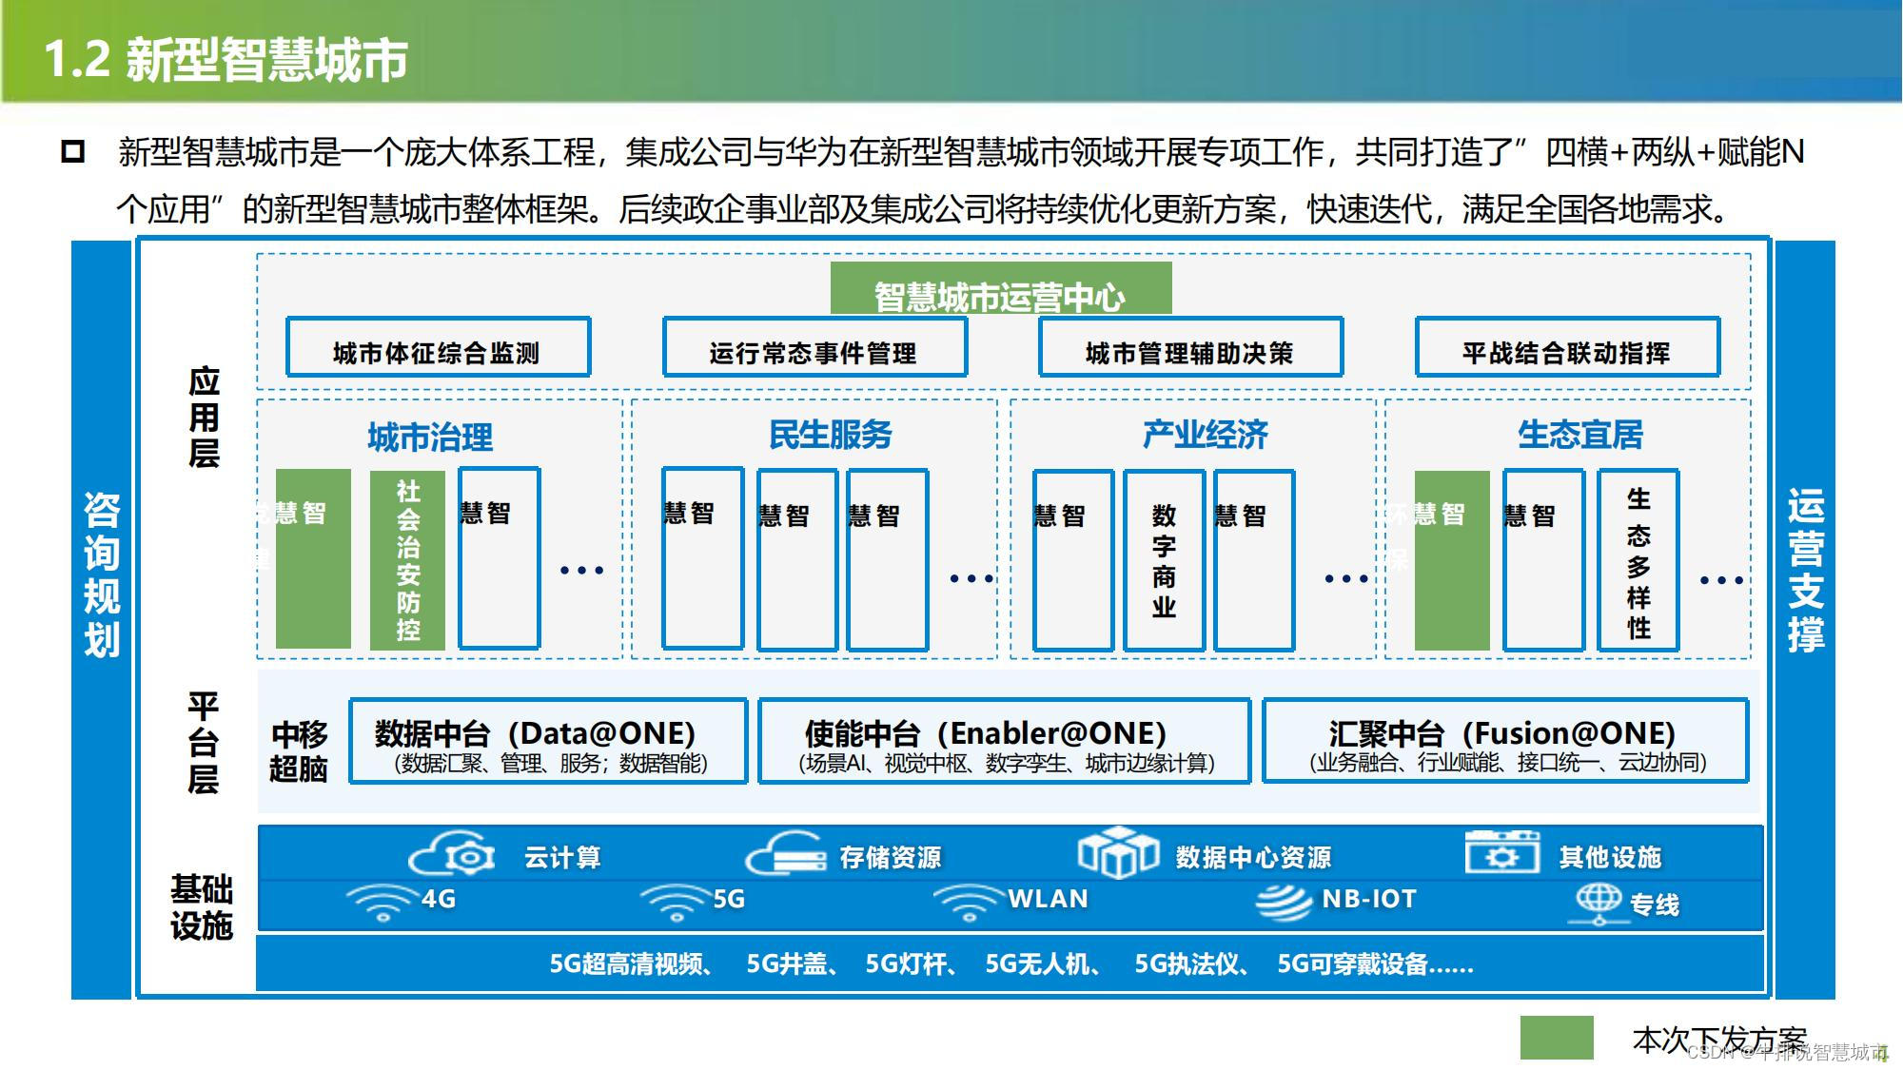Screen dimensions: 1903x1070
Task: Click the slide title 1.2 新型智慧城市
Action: pos(226,59)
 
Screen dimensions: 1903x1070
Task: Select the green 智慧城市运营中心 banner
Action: pos(1000,290)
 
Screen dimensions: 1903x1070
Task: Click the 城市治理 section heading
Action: pos(430,437)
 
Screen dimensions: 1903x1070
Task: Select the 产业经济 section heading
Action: pos(1205,435)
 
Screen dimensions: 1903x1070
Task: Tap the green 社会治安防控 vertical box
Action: pos(407,559)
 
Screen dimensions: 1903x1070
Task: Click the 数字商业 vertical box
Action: pos(1164,559)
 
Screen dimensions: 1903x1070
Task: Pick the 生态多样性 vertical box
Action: pos(1638,559)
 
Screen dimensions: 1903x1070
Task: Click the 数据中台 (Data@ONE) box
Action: pos(548,742)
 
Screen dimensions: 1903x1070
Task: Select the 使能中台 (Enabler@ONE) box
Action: pos(1004,742)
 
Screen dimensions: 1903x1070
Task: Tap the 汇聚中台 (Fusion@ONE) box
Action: pos(1505,742)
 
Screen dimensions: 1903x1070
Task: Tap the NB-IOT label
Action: pos(1368,899)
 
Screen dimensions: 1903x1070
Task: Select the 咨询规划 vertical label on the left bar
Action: pos(102,574)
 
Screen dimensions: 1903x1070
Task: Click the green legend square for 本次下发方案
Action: pos(1556,1038)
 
